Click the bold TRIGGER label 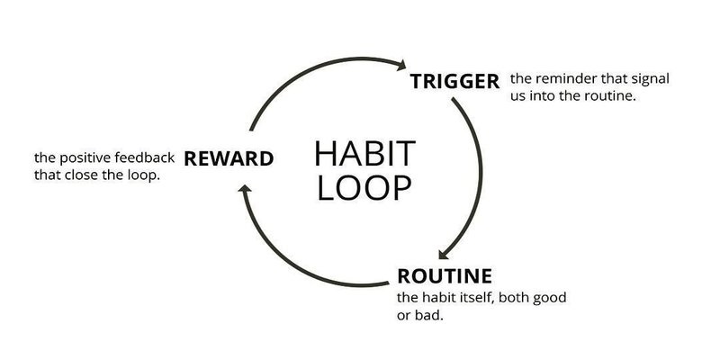click(454, 82)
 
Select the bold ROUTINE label click(445, 276)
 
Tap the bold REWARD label click(229, 159)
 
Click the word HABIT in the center click(365, 154)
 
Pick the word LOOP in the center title click(364, 187)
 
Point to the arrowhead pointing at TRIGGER click(401, 65)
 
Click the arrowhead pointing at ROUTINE click(444, 254)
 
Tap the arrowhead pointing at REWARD click(245, 188)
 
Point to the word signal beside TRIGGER click(650, 80)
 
